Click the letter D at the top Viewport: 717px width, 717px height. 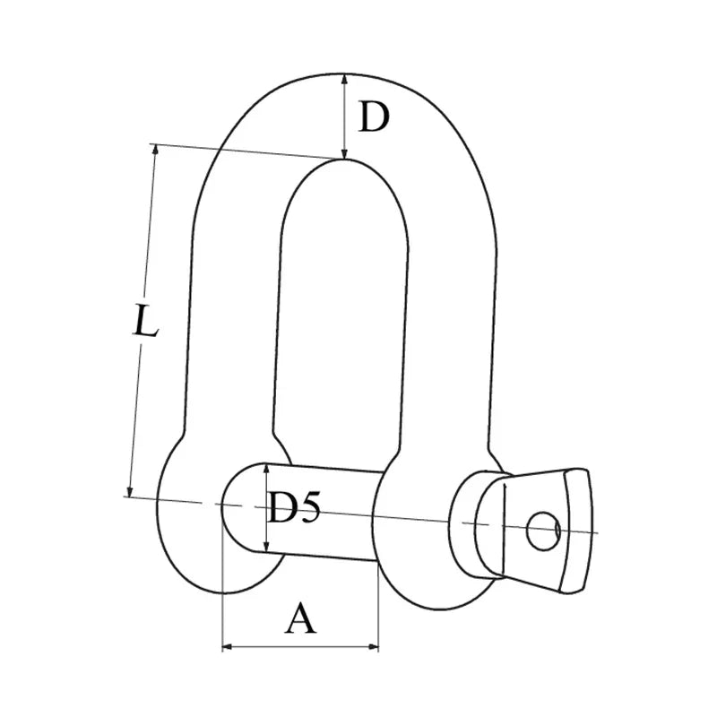[x=374, y=117]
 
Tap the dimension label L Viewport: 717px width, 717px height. [x=143, y=321]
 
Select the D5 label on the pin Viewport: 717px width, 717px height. [x=295, y=509]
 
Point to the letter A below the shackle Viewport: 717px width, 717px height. [x=301, y=618]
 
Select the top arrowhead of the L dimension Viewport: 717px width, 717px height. [x=156, y=151]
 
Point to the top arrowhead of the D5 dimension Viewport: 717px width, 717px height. [x=267, y=469]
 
